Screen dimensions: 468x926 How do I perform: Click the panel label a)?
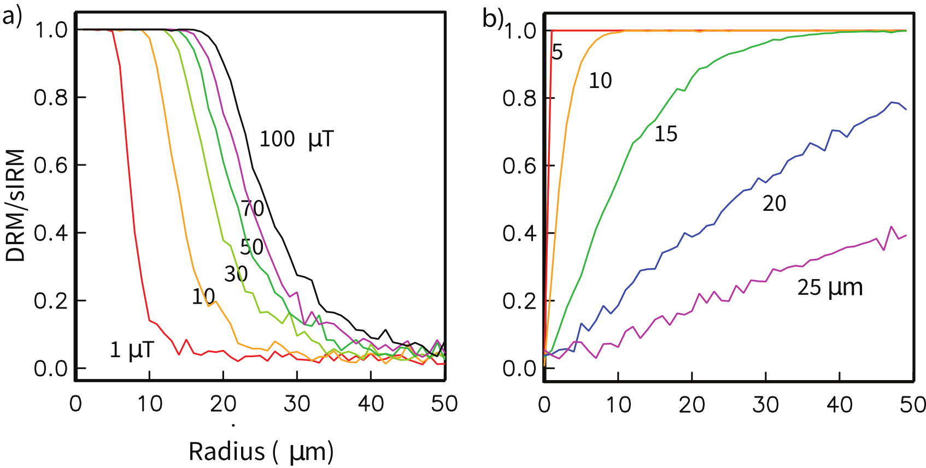pos(11,17)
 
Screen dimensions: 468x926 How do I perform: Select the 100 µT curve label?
pos(296,139)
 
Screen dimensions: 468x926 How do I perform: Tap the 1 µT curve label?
pos(132,350)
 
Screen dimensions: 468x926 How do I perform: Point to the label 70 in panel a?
pos(253,209)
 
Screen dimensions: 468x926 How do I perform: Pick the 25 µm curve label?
pos(829,288)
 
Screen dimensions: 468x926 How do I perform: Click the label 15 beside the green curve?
pos(666,134)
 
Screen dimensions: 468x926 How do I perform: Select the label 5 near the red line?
pos(557,53)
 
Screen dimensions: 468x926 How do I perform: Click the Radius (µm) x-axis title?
pos(261,452)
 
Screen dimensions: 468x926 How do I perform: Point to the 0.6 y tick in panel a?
pos(50,165)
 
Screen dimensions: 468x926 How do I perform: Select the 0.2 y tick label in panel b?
pos(519,301)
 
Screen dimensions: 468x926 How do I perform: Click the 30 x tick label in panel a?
pos(297,405)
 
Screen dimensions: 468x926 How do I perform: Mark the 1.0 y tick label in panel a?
pos(51,30)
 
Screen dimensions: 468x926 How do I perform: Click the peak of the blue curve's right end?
pos(892,102)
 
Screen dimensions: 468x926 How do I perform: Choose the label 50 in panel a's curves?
pos(251,247)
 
